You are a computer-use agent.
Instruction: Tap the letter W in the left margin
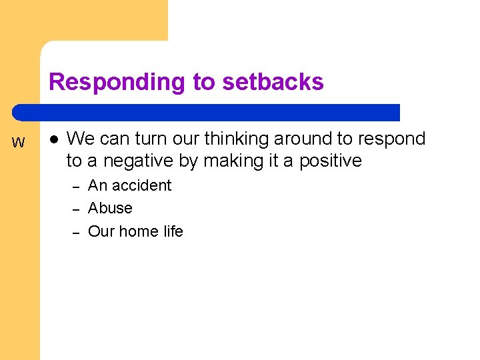(x=19, y=143)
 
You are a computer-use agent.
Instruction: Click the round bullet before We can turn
(x=53, y=139)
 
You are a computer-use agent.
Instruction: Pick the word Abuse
(x=110, y=208)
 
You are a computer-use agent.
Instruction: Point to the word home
(x=139, y=231)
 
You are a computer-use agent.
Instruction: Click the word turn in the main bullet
(x=151, y=139)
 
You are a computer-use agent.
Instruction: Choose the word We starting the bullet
(x=81, y=139)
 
